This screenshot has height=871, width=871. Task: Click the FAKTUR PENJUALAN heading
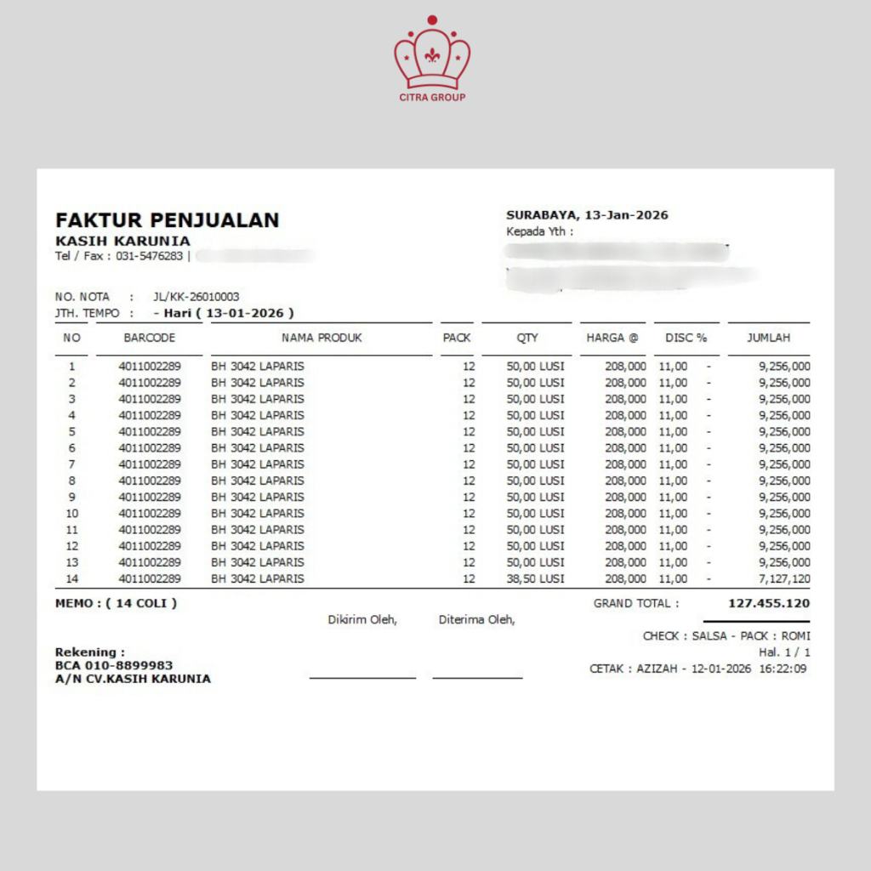tap(168, 220)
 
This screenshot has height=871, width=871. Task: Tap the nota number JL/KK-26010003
tap(196, 297)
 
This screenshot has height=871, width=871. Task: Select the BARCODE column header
tap(150, 338)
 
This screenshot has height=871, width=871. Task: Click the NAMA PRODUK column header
tap(322, 338)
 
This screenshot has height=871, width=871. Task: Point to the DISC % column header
tap(686, 338)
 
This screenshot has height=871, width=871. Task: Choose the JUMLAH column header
tap(768, 338)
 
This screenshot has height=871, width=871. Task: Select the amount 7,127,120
tap(783, 578)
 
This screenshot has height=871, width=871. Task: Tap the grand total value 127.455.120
tap(769, 603)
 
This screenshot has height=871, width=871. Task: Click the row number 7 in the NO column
tap(72, 464)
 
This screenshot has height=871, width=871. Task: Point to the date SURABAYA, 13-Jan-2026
tap(587, 215)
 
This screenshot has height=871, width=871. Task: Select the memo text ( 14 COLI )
tap(142, 604)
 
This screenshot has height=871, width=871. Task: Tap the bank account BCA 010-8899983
tap(114, 665)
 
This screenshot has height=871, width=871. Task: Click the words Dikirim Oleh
tap(362, 620)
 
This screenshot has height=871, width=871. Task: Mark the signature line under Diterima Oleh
tap(477, 678)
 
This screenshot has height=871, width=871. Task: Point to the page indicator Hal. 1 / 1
tap(784, 652)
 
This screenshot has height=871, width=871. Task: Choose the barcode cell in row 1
tap(150, 367)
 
